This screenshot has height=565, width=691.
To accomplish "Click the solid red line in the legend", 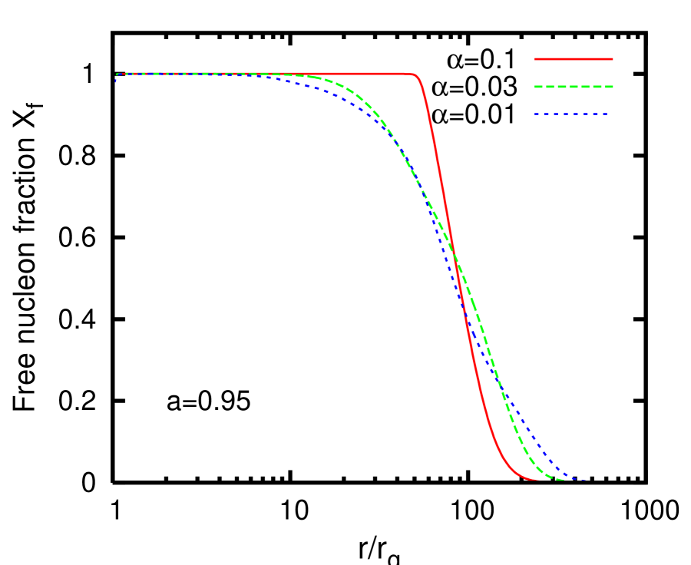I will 574,58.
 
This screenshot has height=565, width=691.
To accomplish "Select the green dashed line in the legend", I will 574,87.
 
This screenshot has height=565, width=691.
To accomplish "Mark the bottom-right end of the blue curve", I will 587,480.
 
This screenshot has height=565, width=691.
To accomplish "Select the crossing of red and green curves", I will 455,256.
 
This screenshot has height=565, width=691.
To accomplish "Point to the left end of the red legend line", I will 535,58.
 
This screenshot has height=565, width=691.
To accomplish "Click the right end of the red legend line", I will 613,58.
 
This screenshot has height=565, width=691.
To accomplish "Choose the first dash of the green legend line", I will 539,87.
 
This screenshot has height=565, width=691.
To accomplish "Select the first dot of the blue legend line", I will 536,114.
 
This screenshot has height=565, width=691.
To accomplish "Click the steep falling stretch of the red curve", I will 449,230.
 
